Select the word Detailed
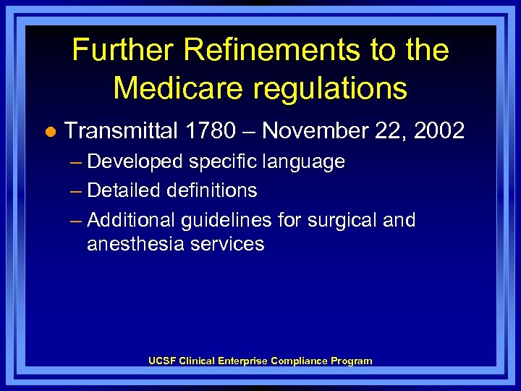tap(123, 190)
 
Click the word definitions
tap(212, 190)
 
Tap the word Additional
tap(131, 219)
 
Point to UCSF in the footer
tap(163, 361)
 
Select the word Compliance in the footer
tap(299, 361)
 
